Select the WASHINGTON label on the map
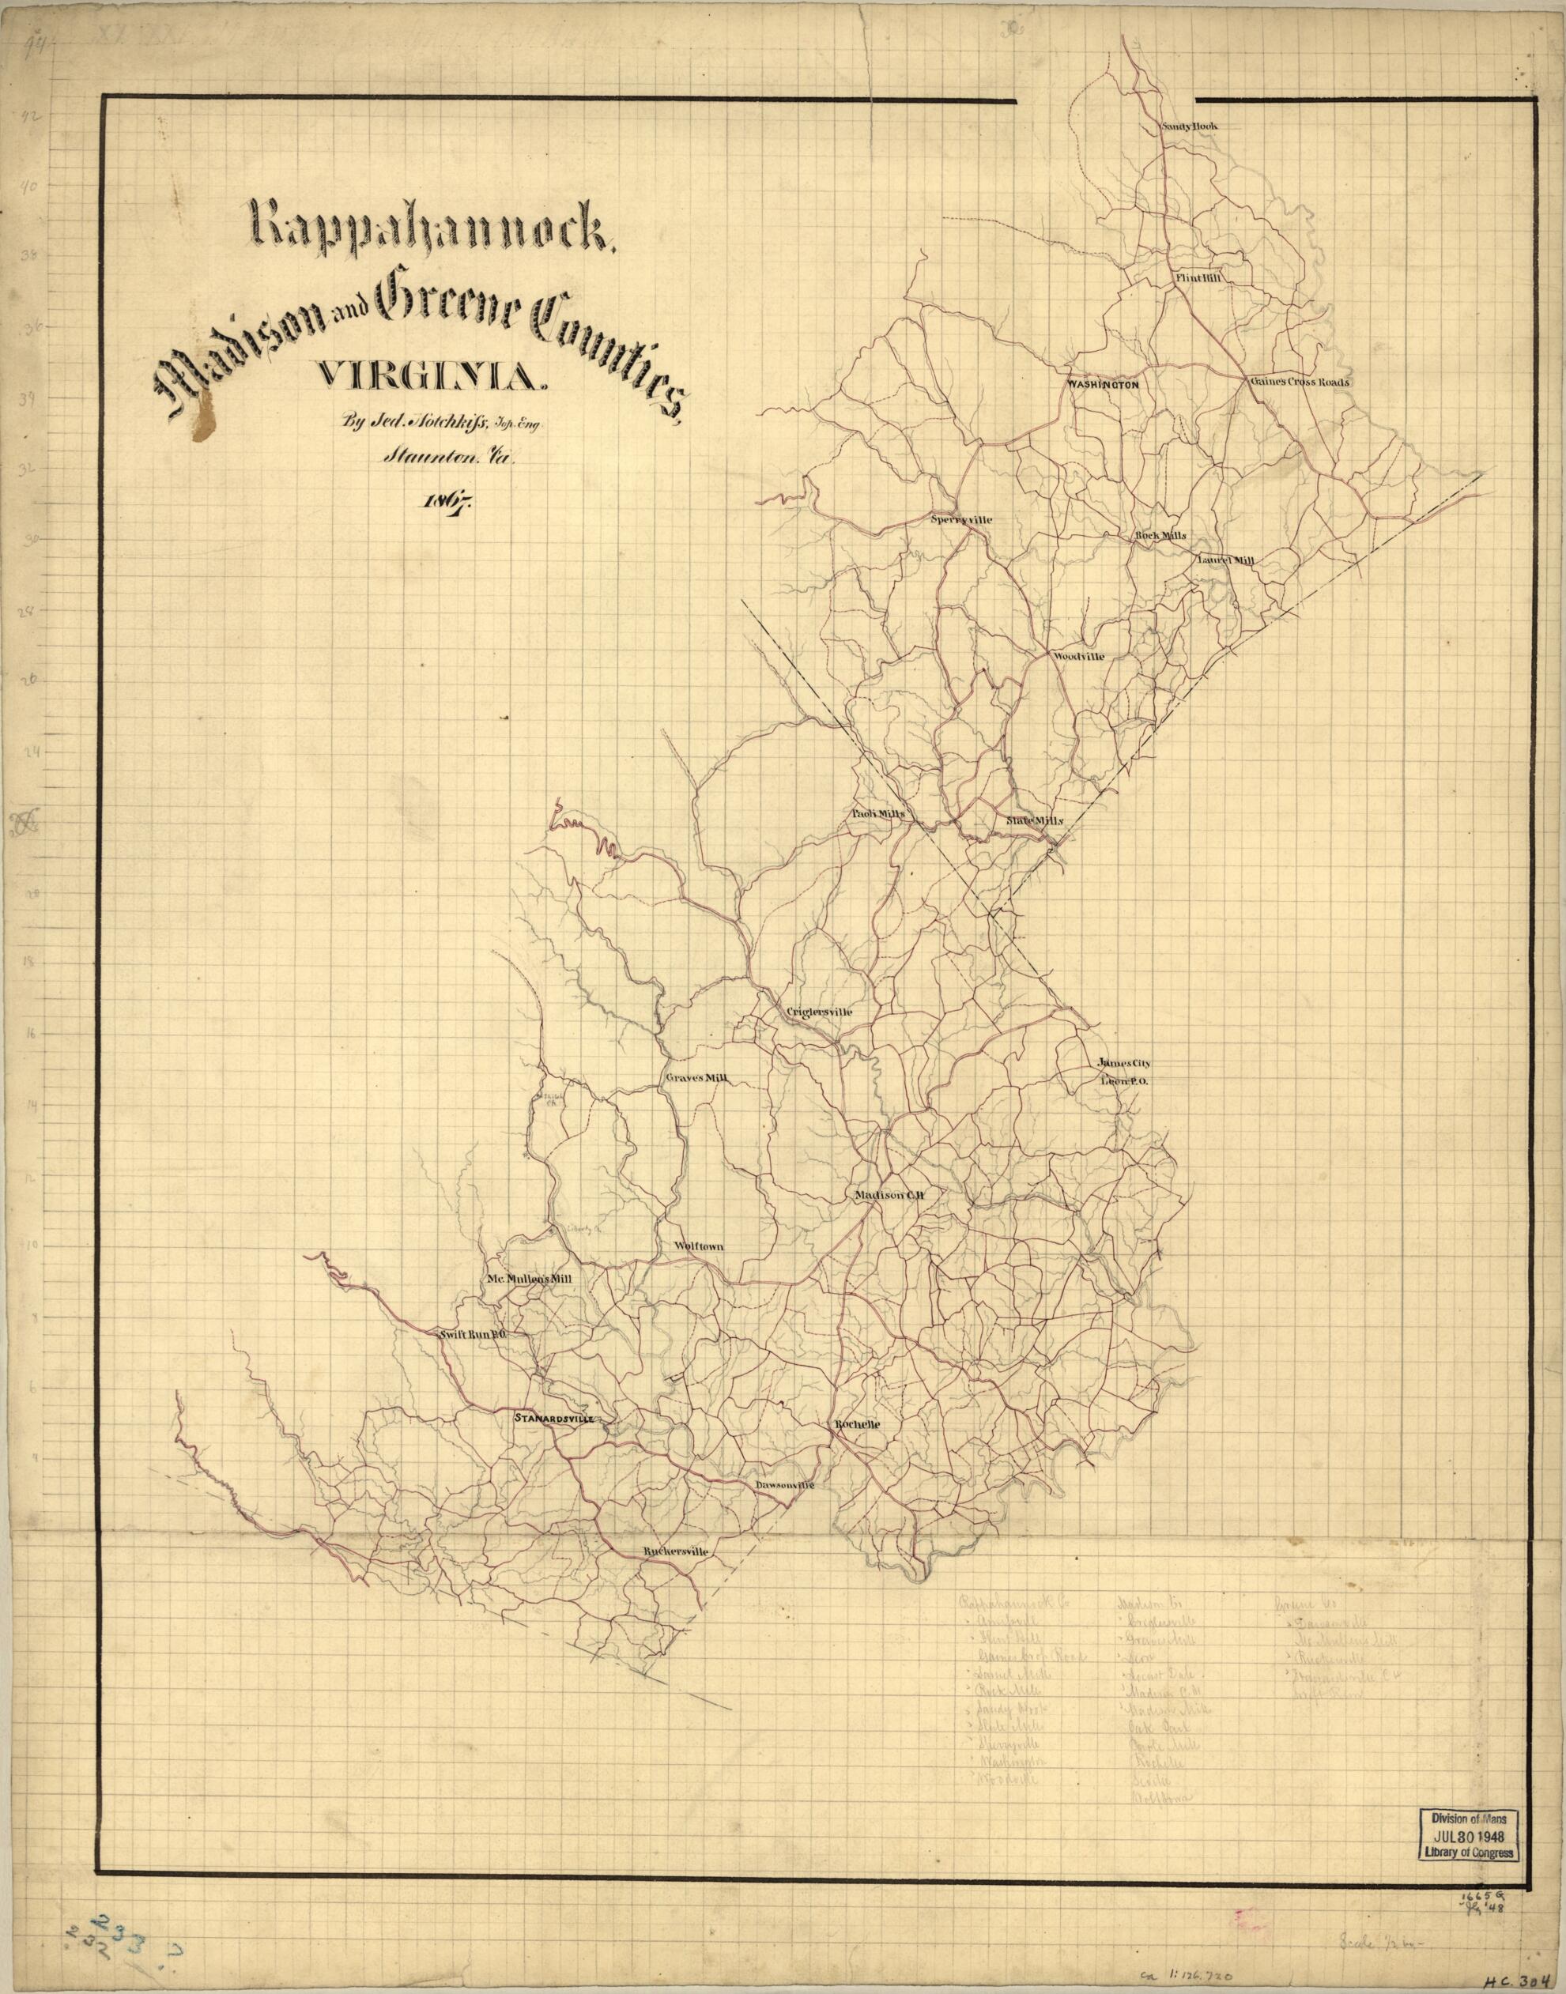point(1102,385)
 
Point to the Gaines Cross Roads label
point(1297,382)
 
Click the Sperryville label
point(962,519)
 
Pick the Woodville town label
point(1077,658)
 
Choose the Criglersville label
point(820,1012)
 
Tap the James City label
point(1123,1064)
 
